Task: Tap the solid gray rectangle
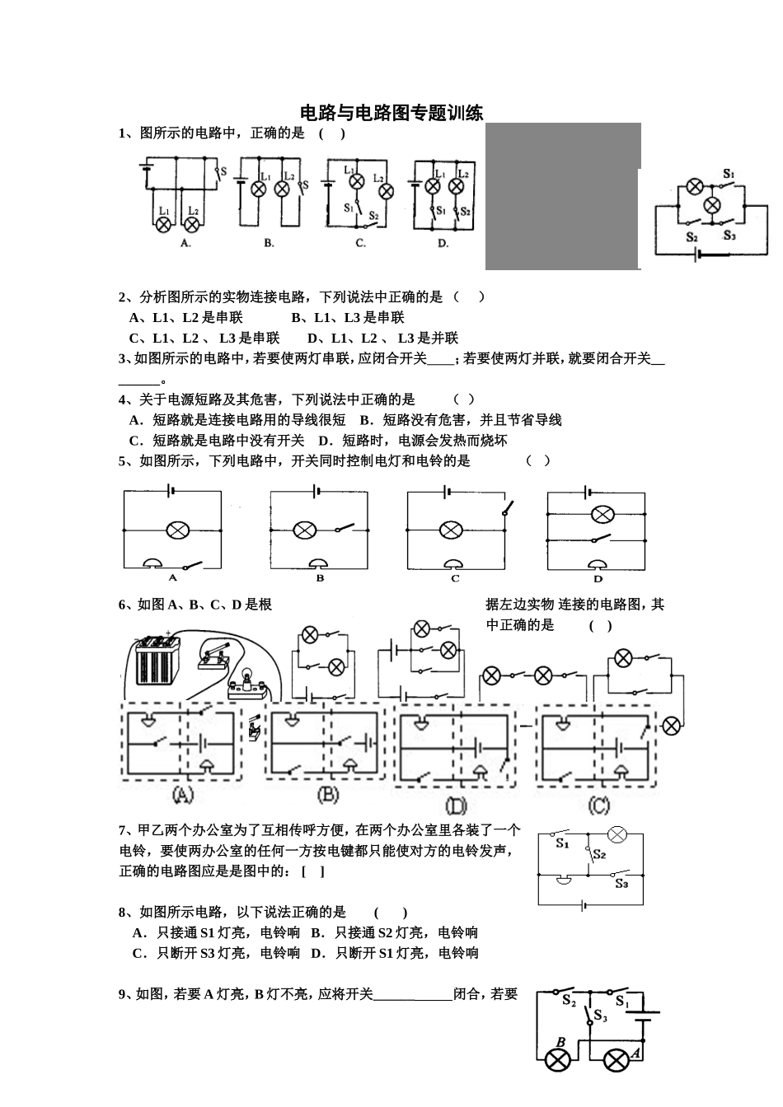563,196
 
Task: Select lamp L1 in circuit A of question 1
164,224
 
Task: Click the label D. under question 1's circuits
443,243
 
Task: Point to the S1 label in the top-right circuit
729,174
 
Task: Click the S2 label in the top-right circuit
692,237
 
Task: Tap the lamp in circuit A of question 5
176,530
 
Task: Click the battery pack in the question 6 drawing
157,659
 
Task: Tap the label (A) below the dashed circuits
183,795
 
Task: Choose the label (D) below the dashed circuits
455,804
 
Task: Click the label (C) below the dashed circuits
598,804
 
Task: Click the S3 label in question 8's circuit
621,884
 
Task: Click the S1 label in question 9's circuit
621,1003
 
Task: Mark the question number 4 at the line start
122,399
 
